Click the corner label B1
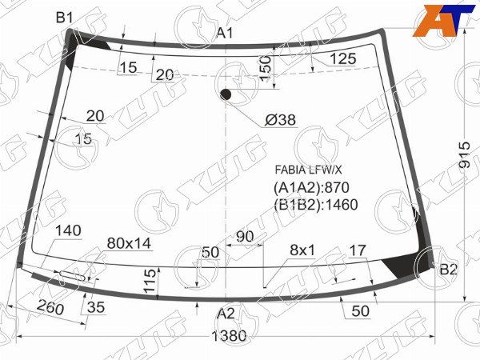(x=65, y=18)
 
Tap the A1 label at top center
(x=226, y=33)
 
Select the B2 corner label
(x=448, y=270)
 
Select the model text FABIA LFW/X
(x=308, y=170)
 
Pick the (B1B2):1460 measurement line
(x=315, y=204)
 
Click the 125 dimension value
(x=342, y=58)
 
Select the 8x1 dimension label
(x=302, y=250)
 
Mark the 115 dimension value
(x=150, y=281)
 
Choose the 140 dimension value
(x=69, y=231)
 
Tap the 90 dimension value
(x=245, y=237)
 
